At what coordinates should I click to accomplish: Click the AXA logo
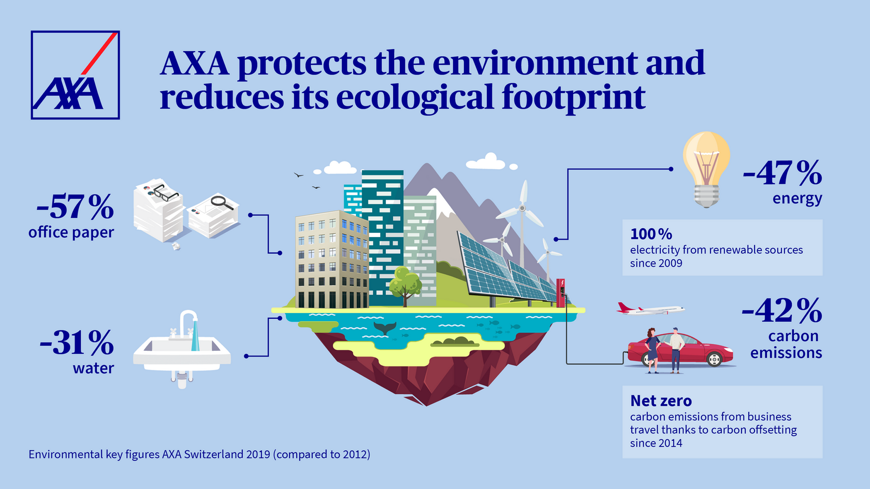point(76,75)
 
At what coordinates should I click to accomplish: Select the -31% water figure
point(77,352)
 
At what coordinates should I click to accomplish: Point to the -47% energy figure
point(782,182)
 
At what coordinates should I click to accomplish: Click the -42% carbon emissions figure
point(782,328)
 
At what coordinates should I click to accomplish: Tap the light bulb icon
point(706,170)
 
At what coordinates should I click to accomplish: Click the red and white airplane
point(650,309)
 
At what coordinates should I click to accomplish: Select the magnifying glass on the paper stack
point(222,203)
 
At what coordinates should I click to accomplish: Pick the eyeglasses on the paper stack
point(165,192)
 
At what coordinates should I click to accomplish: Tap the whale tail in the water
point(384,328)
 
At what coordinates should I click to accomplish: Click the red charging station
point(560,293)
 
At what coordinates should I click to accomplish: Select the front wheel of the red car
point(714,359)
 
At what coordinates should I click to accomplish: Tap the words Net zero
point(661,401)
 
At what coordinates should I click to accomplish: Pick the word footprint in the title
point(574,98)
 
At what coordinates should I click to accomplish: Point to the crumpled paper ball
point(176,246)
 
